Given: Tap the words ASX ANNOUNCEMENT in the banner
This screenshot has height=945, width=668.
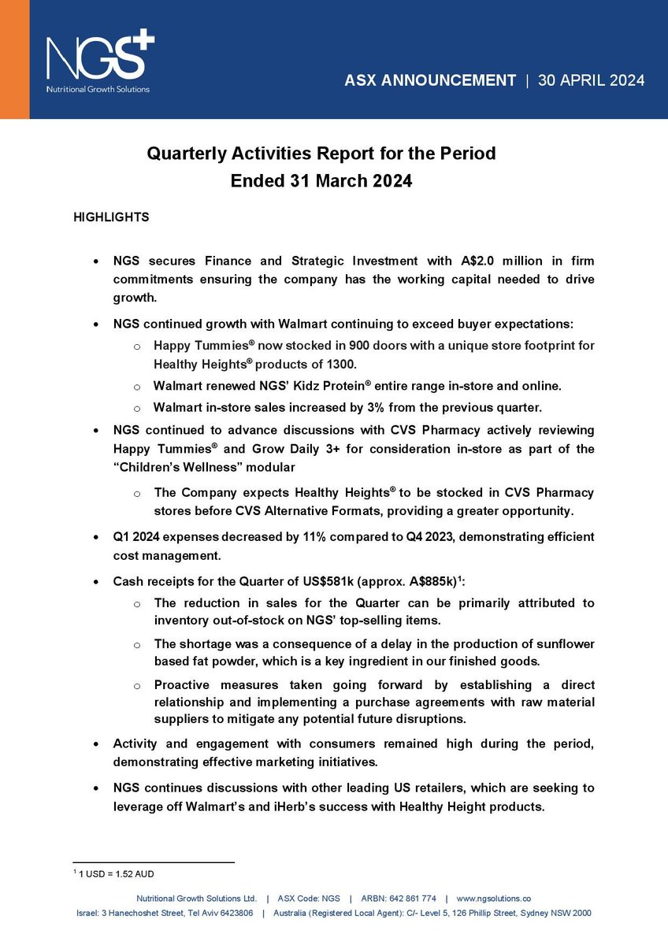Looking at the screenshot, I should (x=430, y=80).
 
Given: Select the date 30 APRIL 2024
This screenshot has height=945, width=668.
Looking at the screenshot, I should (x=591, y=80).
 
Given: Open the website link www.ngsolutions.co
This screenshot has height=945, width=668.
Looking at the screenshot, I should (x=493, y=898).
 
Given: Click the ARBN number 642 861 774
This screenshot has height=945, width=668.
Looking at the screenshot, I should (x=410, y=898).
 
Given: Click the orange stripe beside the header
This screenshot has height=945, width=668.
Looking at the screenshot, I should (x=14, y=59).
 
